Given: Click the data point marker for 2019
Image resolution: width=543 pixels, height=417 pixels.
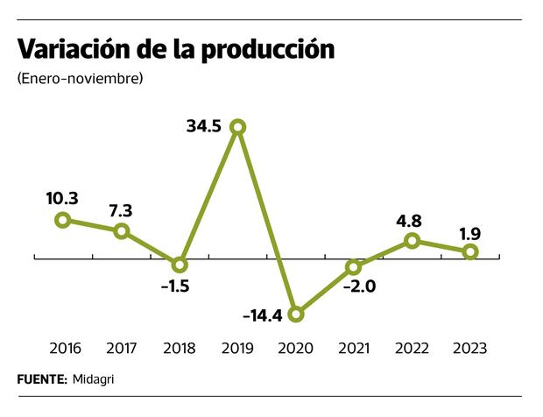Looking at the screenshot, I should point(237,128).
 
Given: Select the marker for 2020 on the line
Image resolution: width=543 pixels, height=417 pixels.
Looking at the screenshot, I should point(296,314).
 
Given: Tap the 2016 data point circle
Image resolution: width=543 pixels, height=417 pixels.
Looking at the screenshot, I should point(62,220).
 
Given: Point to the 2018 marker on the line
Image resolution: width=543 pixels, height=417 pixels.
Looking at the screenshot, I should point(180,265).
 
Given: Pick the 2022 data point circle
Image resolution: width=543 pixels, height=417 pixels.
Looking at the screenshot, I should point(413,241).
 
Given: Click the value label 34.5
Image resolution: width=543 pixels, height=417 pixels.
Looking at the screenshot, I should point(203,126).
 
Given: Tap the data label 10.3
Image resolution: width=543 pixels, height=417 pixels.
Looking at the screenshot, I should point(62,198).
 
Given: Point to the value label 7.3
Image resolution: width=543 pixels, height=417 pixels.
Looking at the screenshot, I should point(121,210).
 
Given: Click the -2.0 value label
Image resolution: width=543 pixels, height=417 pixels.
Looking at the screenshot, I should point(359,286).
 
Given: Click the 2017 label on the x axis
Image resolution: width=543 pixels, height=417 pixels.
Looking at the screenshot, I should point(121,349).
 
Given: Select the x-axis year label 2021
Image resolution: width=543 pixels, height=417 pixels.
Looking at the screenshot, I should point(354,349).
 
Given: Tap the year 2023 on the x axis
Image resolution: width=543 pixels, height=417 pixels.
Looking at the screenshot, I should point(469,349).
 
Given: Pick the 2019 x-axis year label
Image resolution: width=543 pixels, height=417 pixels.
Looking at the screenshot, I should point(237,349).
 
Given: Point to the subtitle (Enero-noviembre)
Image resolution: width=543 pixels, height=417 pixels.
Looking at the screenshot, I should point(80,79).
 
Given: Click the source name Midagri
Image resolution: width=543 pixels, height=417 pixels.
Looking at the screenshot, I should point(95,379).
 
